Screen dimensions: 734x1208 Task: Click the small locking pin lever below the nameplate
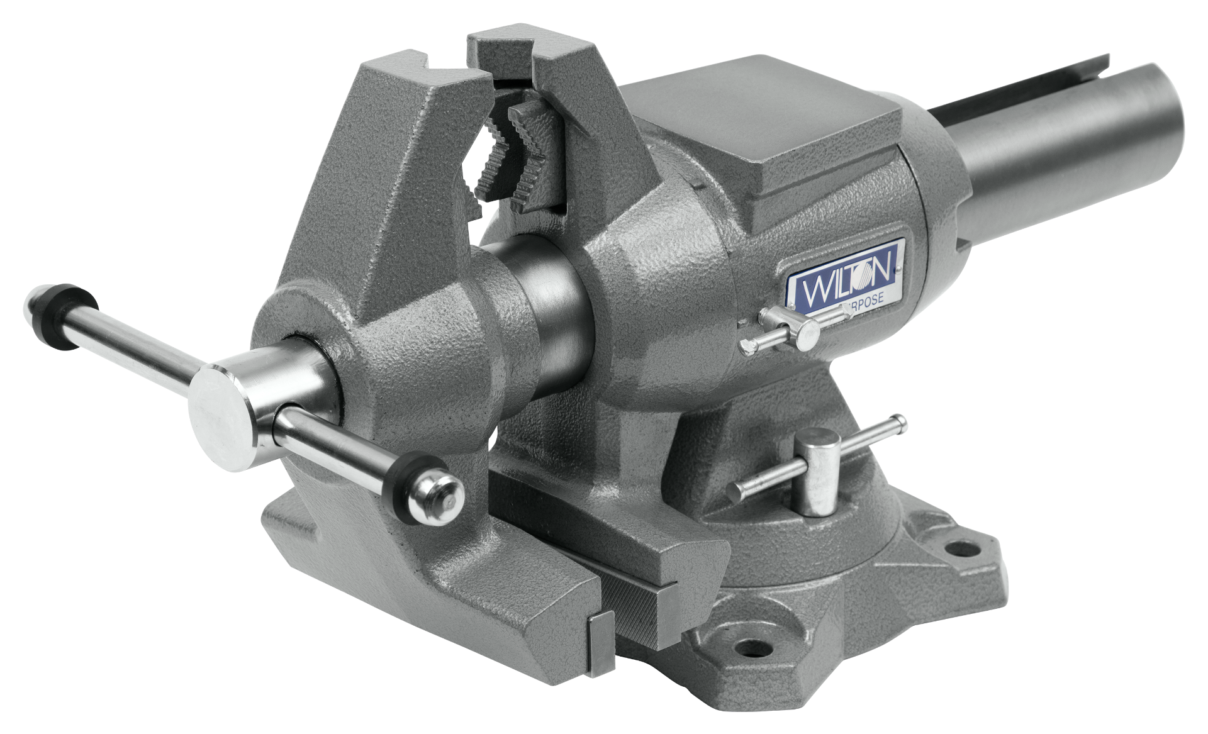click(x=780, y=330)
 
